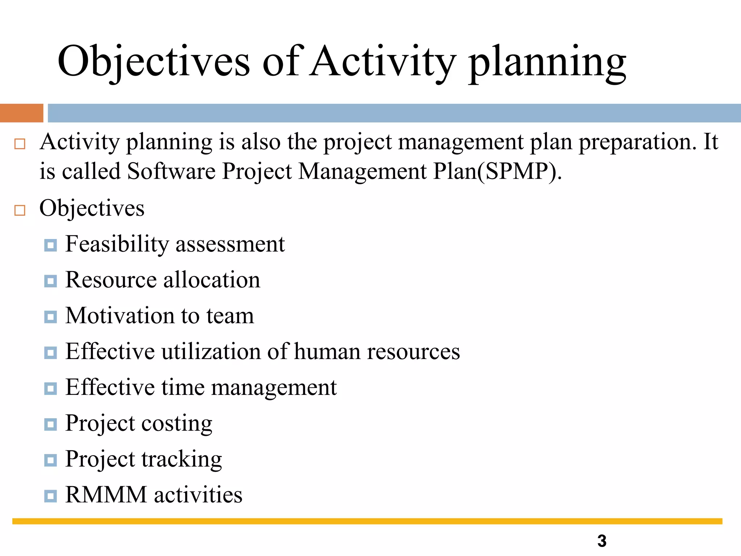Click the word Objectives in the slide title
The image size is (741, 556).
(x=153, y=62)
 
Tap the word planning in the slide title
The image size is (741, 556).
(x=547, y=62)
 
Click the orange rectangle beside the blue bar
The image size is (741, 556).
(x=21, y=113)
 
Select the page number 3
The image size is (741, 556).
(x=602, y=541)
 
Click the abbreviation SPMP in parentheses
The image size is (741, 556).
(x=520, y=171)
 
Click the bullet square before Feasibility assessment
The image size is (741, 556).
(x=50, y=245)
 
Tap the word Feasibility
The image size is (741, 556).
(x=117, y=244)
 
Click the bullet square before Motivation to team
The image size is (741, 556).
(x=50, y=317)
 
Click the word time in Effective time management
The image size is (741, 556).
(x=183, y=387)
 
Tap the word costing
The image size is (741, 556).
(x=176, y=424)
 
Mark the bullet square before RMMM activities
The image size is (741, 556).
(x=50, y=496)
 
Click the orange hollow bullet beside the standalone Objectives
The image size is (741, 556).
(x=20, y=210)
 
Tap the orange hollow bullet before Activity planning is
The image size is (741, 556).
(x=20, y=144)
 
